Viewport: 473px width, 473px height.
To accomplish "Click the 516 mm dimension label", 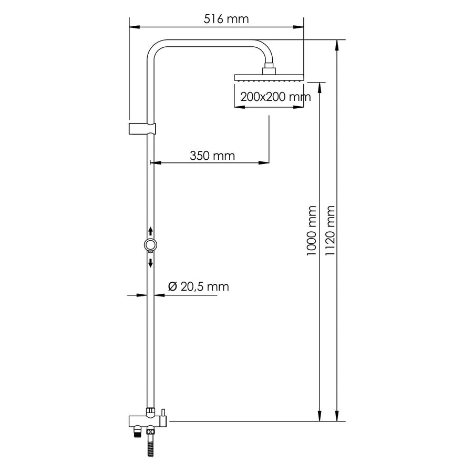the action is point(226,19).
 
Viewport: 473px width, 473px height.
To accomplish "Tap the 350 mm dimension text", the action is point(212,156).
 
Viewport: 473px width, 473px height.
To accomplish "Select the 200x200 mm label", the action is point(275,97).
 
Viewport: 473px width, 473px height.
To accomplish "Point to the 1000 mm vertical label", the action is point(311,231).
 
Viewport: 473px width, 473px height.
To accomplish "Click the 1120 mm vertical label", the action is point(330,231).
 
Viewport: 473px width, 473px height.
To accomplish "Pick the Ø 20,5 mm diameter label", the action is point(199,286).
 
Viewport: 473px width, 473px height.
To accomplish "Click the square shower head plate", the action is point(269,78).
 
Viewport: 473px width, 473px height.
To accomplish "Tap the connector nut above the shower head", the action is point(269,68).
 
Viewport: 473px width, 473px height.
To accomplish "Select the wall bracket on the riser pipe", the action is point(142,129).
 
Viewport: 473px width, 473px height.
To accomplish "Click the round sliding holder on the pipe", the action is point(150,244).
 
